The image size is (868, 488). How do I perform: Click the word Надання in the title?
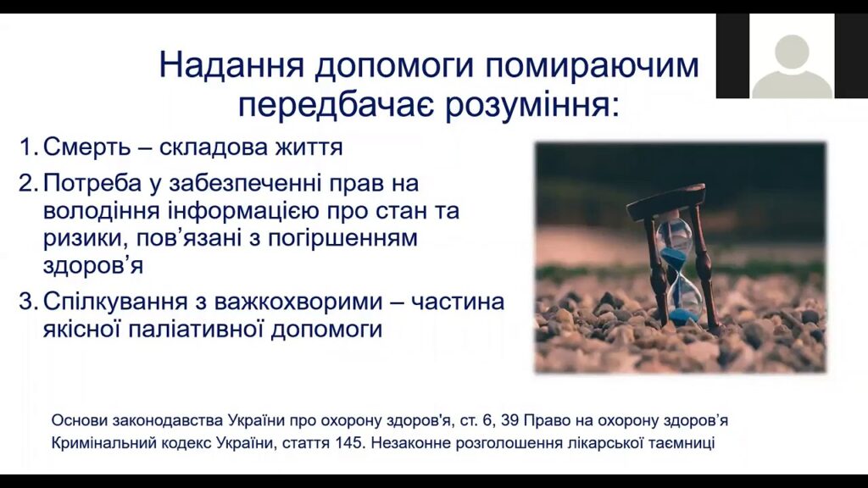pyautogui.click(x=232, y=65)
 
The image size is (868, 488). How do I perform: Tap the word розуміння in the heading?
pyautogui.click(x=531, y=106)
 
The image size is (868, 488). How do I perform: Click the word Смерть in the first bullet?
pyautogui.click(x=87, y=147)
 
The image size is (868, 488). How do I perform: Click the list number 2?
pyautogui.click(x=28, y=183)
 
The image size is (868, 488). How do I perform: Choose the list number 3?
pyautogui.click(x=28, y=302)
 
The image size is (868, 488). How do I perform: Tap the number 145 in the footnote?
pyautogui.click(x=349, y=443)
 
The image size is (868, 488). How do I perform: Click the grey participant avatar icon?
pyautogui.click(x=792, y=65)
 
